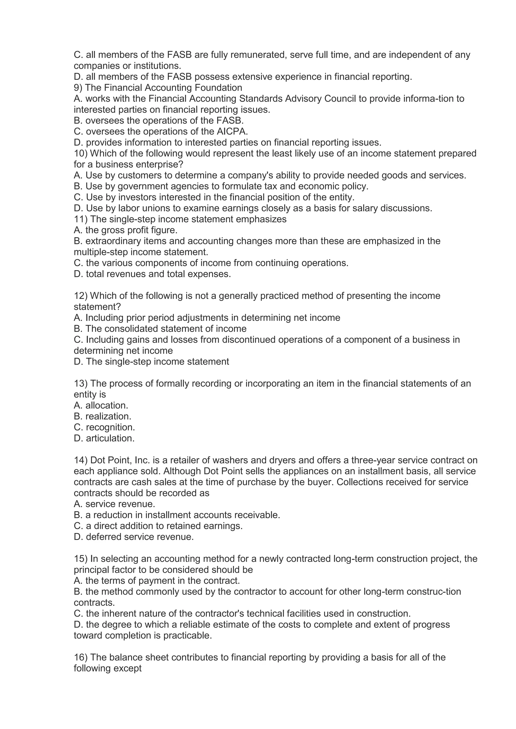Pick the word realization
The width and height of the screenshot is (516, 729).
point(108,417)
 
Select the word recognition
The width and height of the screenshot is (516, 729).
point(110,427)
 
